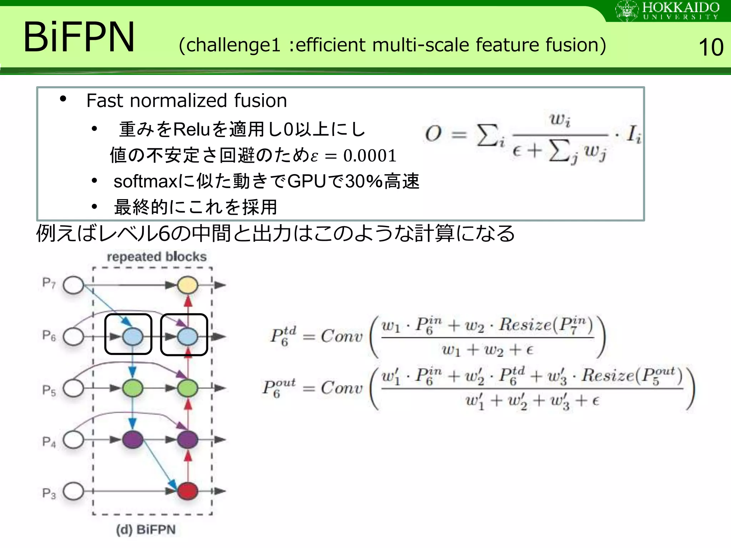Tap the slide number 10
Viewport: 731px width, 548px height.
click(x=710, y=47)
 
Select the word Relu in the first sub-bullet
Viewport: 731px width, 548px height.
click(x=191, y=129)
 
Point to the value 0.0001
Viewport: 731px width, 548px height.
click(x=370, y=156)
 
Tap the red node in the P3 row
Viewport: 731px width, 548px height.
click(x=188, y=491)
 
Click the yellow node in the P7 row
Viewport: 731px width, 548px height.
click(x=188, y=285)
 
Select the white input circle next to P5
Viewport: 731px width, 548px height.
click(x=74, y=388)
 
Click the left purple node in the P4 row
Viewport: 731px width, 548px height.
click(x=133, y=440)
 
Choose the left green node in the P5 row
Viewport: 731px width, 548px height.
click(x=133, y=388)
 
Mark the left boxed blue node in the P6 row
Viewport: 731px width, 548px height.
click(x=133, y=337)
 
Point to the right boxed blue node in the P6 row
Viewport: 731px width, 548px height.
click(x=188, y=337)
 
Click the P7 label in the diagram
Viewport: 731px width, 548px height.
click(x=49, y=283)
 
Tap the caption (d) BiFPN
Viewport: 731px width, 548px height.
click(x=146, y=529)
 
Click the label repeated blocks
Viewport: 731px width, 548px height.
click(x=157, y=257)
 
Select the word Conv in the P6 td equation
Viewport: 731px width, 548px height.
click(x=342, y=336)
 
